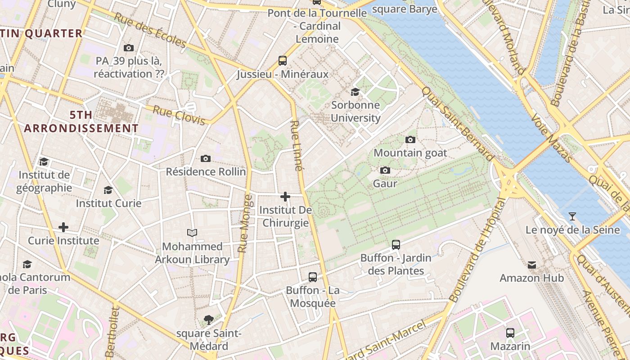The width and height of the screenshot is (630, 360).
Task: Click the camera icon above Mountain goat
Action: click(x=410, y=139)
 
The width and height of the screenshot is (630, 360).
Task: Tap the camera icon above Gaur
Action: click(x=385, y=170)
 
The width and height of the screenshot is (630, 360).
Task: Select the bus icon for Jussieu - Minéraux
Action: click(x=283, y=61)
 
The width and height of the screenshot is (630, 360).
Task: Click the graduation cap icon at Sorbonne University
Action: click(x=355, y=92)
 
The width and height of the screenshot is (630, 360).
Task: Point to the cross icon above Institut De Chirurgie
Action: click(x=285, y=197)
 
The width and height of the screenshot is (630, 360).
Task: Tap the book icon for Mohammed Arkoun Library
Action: click(x=192, y=233)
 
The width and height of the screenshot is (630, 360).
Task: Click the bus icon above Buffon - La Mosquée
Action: click(x=313, y=277)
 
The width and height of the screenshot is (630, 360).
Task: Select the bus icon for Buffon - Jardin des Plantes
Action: click(x=396, y=245)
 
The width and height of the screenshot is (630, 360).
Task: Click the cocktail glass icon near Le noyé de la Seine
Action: click(x=572, y=216)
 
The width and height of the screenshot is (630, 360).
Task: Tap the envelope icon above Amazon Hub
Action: click(x=532, y=265)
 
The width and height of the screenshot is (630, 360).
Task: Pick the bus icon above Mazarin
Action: click(x=510, y=333)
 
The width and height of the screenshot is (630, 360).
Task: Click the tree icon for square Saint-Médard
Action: click(x=208, y=320)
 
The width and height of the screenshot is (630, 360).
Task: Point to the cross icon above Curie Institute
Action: click(x=63, y=227)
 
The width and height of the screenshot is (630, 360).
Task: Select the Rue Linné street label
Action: click(x=296, y=146)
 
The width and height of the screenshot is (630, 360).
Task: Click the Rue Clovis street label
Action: click(x=179, y=115)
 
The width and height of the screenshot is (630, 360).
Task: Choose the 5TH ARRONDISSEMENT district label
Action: click(x=81, y=121)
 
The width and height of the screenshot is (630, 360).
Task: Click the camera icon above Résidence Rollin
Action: click(x=206, y=158)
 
